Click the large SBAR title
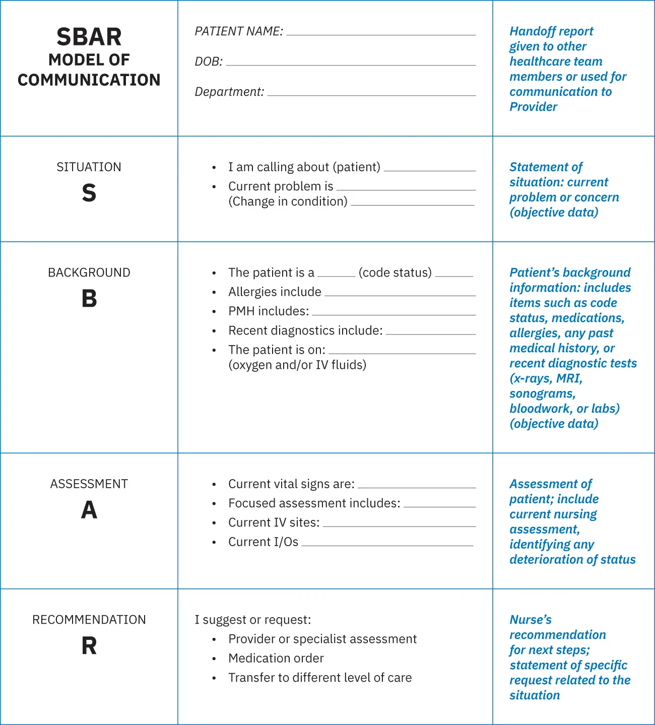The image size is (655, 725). point(89,37)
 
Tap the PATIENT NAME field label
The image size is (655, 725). point(239,31)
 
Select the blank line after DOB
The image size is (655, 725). point(351,65)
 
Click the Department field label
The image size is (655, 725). point(229,92)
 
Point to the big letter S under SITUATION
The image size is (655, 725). point(89,193)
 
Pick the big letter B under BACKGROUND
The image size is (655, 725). point(89,299)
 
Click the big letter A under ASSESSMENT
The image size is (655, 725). point(89,510)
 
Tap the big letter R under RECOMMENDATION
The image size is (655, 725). point(89,646)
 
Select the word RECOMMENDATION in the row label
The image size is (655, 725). point(89,620)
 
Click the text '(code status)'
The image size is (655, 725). point(395,273)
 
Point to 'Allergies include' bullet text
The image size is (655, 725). point(275,292)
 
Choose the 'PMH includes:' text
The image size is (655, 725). point(269,311)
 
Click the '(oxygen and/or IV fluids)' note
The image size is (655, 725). point(297,365)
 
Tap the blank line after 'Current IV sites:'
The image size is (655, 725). point(399,526)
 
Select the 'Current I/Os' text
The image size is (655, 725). point(263,542)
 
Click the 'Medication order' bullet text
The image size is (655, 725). point(276,658)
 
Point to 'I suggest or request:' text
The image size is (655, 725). point(253,620)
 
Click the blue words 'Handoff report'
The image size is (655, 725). point(551,31)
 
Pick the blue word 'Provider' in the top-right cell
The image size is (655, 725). point(533,107)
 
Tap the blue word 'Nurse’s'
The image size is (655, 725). point(531,620)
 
